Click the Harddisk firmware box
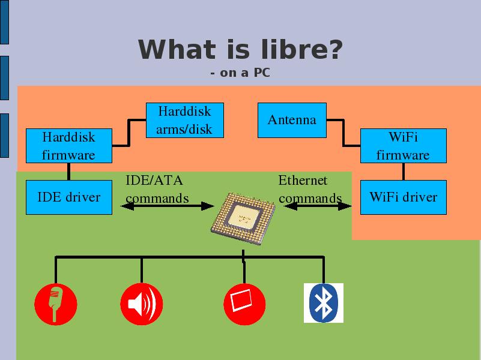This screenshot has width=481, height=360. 69,146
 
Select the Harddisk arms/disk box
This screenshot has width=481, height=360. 185,120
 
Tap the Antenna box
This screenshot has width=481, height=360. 292,120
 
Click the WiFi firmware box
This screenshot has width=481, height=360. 404,146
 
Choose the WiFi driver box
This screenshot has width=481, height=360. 404,197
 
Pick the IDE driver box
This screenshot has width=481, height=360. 69,197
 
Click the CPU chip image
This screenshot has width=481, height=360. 243,218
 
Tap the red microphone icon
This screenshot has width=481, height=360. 55,304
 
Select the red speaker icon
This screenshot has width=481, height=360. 141,304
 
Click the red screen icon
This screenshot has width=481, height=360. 244,304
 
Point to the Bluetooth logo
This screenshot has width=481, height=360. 324,303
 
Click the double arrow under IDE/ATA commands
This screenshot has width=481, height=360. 167,206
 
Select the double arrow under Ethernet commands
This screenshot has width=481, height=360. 318,206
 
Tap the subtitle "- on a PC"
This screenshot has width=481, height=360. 240,73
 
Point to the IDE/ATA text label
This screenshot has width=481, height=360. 154,180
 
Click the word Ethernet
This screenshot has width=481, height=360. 303,180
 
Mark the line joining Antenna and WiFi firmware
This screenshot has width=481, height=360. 343,133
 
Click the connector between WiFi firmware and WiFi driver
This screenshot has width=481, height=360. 404,172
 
